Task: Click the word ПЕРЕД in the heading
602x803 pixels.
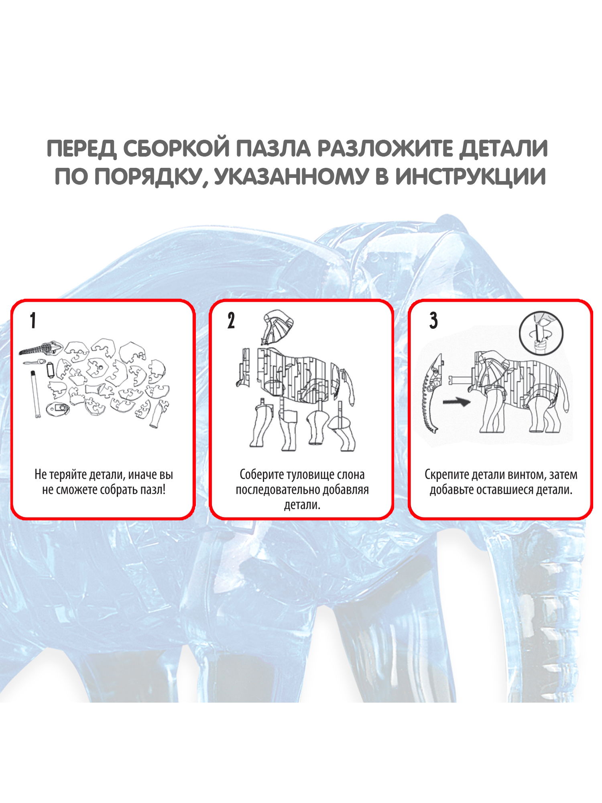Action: point(81,149)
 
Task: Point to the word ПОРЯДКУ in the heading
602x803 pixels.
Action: point(148,177)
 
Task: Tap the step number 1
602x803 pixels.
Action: point(33,321)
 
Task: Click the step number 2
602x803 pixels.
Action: point(231,321)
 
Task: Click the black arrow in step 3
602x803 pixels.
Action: point(456,401)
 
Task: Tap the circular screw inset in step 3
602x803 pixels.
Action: point(541,333)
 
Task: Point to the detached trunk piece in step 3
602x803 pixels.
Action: point(432,393)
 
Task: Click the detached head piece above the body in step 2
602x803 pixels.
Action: point(277,327)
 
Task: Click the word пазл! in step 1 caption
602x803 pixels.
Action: point(153,490)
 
